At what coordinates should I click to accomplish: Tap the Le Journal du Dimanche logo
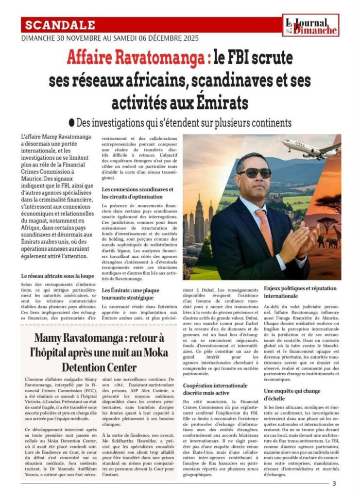pos(311,26)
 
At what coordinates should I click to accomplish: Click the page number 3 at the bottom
pos(334,483)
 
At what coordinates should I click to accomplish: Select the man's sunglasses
pos(255,173)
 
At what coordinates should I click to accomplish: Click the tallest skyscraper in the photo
pos(200,216)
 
